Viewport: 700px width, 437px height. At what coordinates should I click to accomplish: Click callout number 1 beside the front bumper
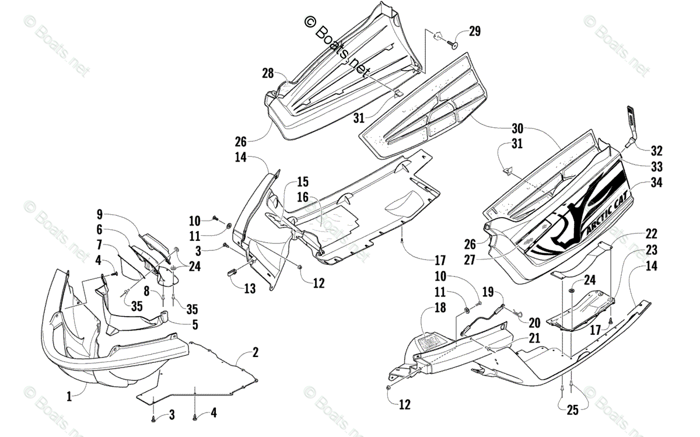69,396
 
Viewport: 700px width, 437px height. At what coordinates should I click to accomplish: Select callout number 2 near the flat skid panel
256,352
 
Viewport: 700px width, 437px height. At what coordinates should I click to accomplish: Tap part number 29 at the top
474,32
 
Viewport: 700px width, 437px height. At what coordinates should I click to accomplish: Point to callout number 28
268,74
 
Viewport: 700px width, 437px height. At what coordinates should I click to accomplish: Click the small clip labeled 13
232,271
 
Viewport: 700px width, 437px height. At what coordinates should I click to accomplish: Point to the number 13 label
250,288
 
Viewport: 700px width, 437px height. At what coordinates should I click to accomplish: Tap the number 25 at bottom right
572,411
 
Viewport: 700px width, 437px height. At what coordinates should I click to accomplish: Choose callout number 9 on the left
99,214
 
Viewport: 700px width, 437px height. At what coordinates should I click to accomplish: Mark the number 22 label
651,234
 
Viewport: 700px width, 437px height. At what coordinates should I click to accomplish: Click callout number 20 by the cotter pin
534,322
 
